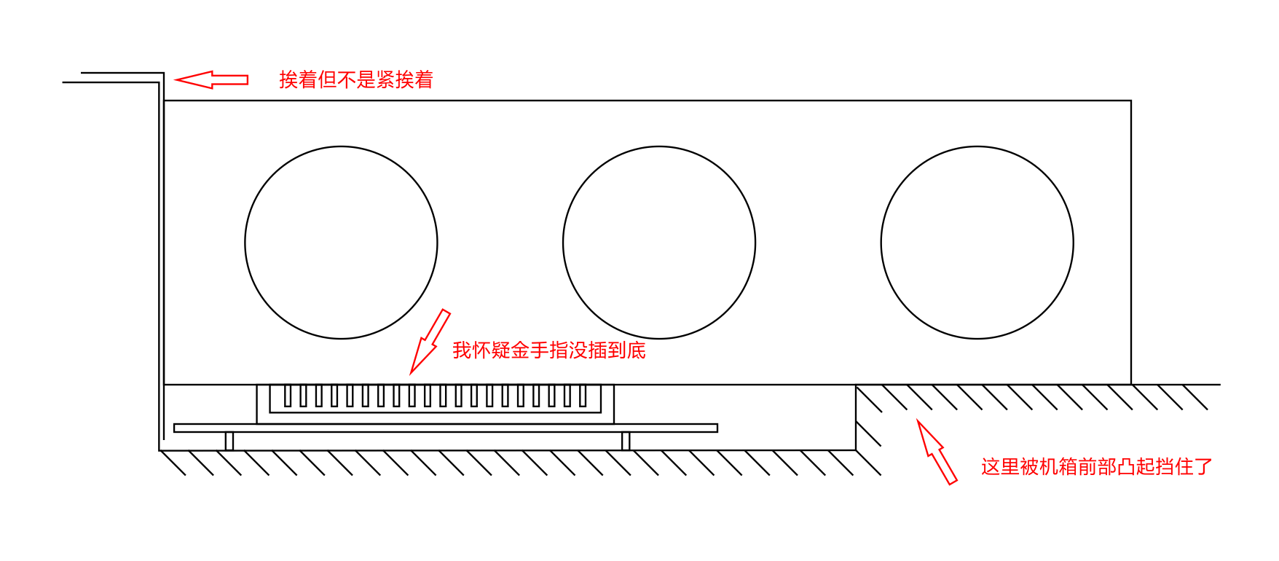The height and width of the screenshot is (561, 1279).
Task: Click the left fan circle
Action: (x=245, y=243)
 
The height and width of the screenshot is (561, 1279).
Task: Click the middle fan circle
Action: (x=562, y=243)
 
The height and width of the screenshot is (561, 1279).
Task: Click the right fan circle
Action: (x=881, y=243)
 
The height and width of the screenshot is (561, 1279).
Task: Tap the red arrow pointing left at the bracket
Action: (x=211, y=79)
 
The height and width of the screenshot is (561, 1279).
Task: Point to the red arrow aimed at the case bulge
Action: (x=937, y=452)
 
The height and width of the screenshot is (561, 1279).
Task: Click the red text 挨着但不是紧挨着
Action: (x=356, y=79)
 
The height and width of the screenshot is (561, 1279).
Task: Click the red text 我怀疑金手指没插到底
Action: (x=549, y=350)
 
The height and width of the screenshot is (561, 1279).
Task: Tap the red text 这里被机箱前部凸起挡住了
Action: (x=1097, y=466)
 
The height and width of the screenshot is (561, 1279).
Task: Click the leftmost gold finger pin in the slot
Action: (x=288, y=396)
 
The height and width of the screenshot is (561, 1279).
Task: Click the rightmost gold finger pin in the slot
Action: (x=583, y=396)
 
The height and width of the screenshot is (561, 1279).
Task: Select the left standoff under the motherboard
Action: (x=229, y=441)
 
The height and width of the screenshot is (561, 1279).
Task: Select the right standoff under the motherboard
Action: (x=626, y=441)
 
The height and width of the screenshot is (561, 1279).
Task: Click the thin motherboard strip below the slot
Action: (x=446, y=428)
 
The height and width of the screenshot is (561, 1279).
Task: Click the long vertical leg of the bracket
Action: (x=162, y=262)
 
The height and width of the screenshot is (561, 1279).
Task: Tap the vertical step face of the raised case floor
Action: (x=856, y=417)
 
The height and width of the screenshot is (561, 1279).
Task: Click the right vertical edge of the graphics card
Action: (x=1131, y=243)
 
